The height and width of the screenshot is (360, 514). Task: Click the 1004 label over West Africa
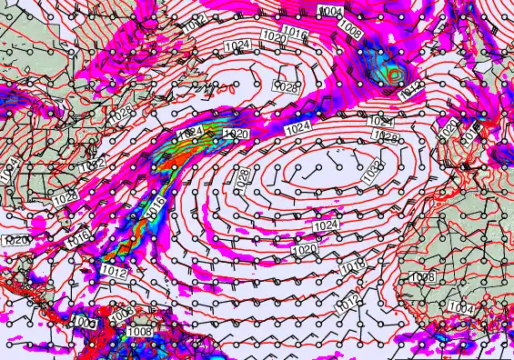click(x=461, y=308)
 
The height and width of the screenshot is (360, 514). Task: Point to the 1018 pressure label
click(x=354, y=265)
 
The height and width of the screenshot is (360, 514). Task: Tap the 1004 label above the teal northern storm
click(x=332, y=11)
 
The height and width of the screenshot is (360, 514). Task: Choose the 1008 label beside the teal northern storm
click(x=351, y=29)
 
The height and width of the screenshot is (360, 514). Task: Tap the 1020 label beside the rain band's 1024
click(x=236, y=135)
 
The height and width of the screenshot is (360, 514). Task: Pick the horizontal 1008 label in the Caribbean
click(x=139, y=332)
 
